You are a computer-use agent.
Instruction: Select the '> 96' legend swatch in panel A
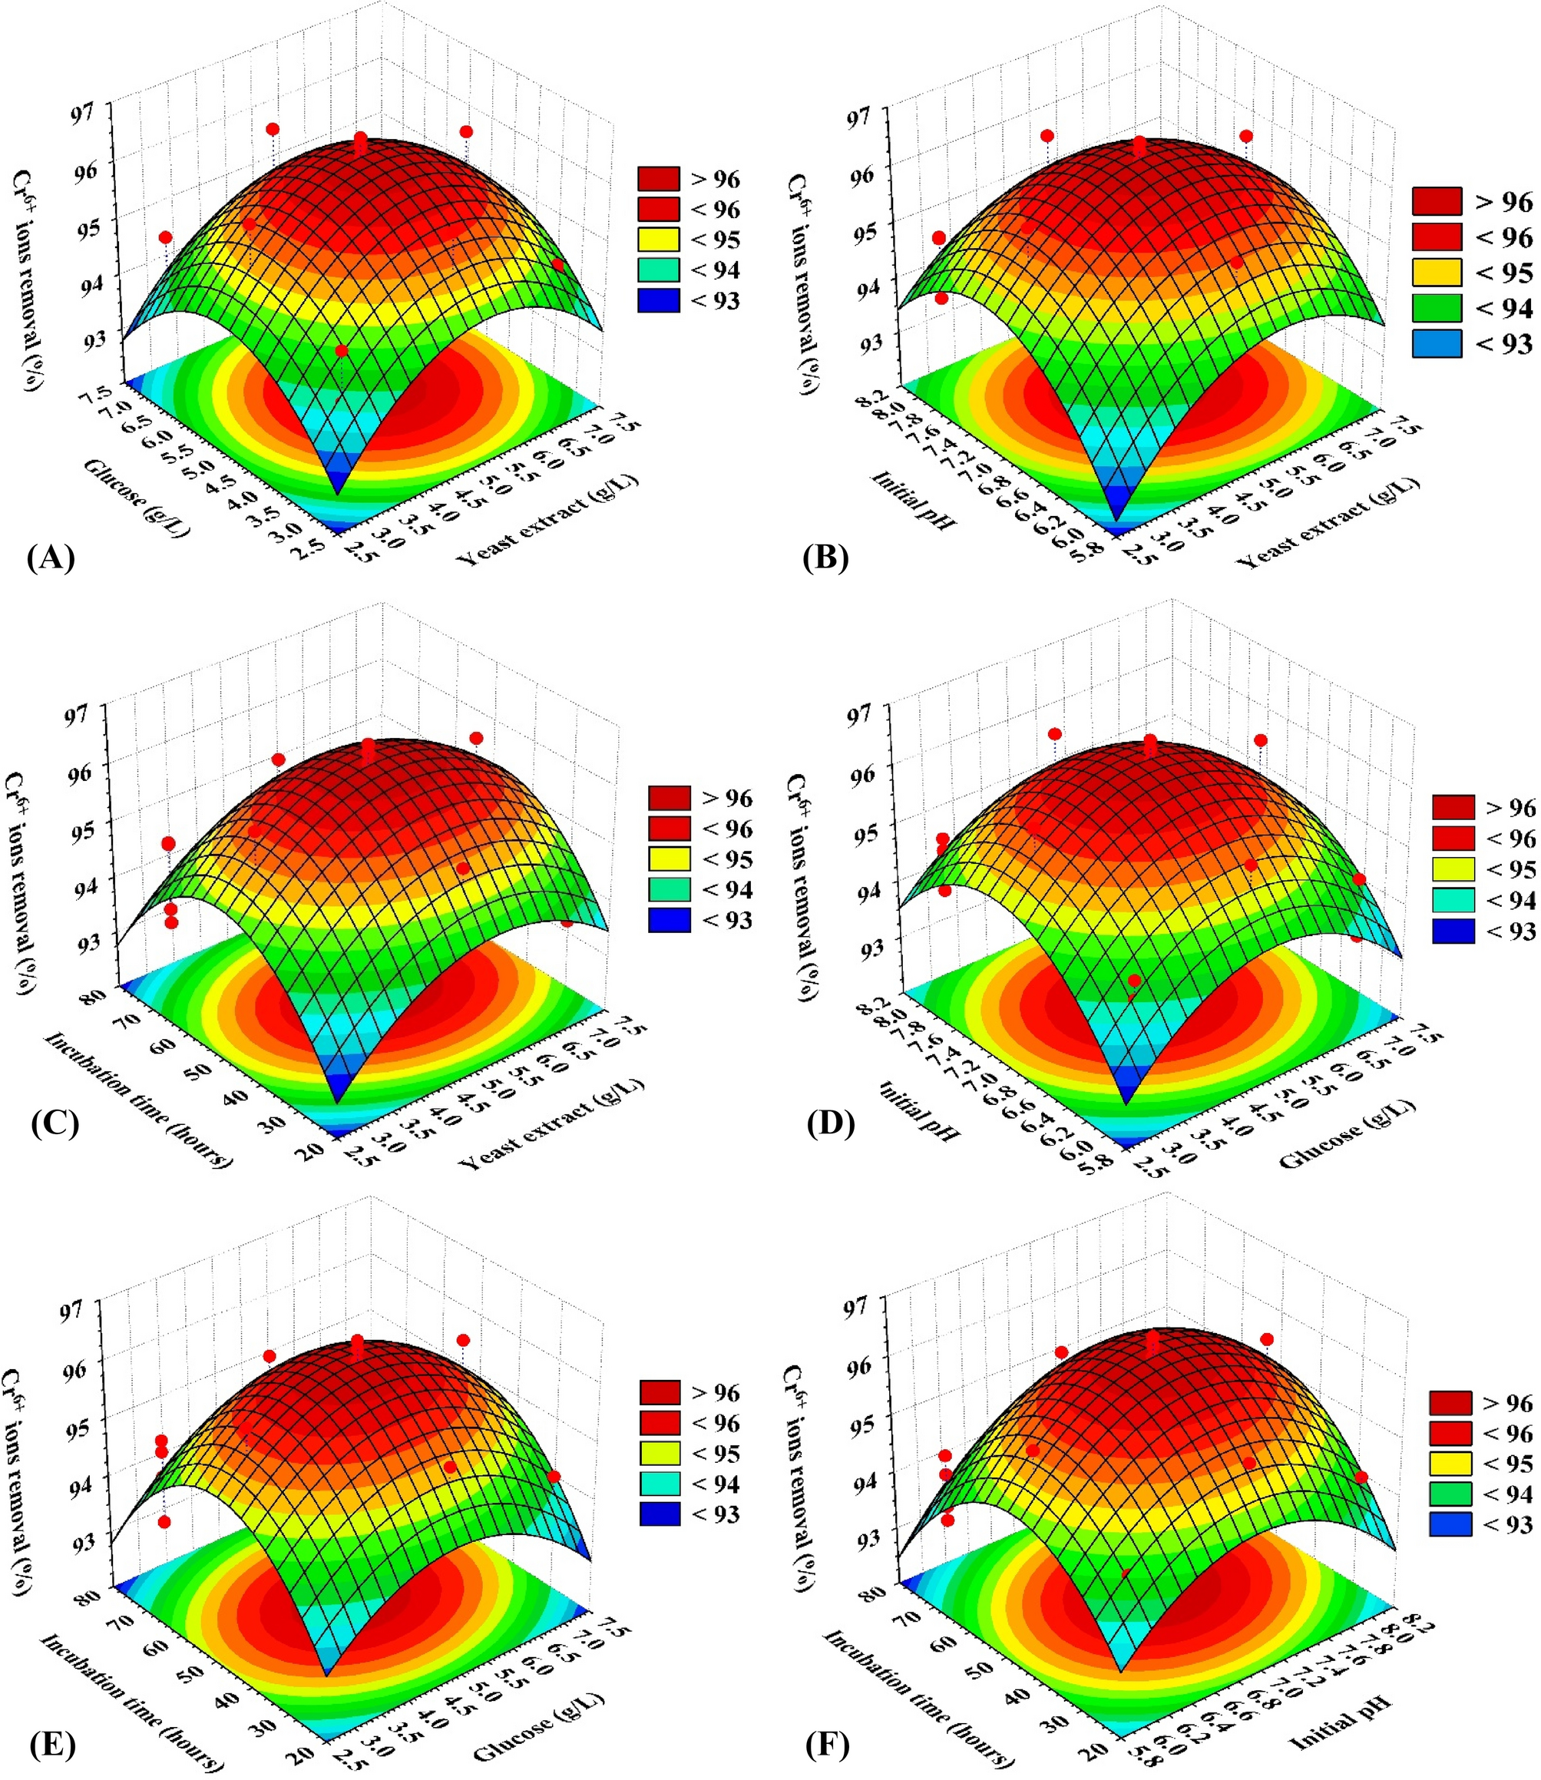point(659,179)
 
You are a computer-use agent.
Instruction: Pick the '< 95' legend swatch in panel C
point(670,859)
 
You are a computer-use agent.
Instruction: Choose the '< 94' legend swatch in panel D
point(1453,900)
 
